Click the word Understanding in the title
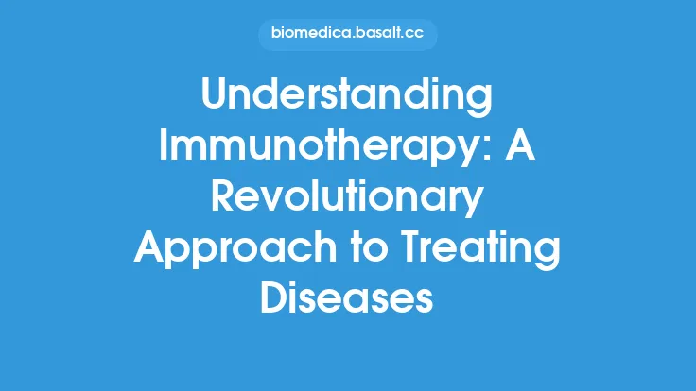(347, 97)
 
